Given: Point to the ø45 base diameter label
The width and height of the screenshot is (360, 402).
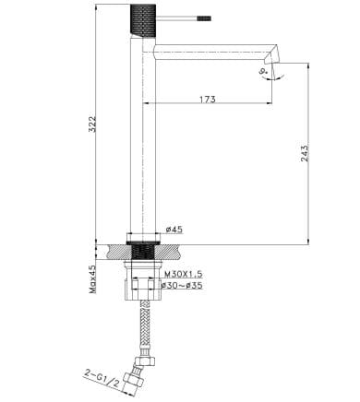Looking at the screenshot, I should point(174,230).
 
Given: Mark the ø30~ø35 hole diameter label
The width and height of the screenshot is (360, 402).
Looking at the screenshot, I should point(182,286).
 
